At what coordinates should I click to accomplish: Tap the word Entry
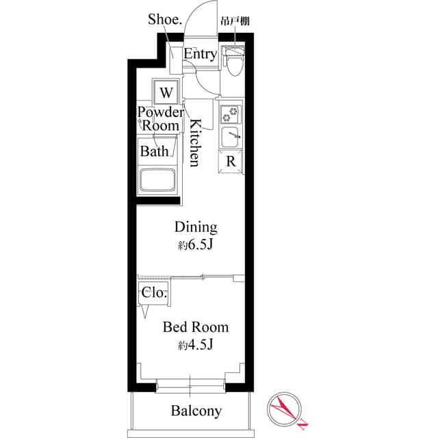[x=200, y=54]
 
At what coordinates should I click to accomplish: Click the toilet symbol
[x=234, y=64]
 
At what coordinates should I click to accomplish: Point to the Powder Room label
[x=161, y=119]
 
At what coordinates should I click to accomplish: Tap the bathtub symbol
[x=158, y=181]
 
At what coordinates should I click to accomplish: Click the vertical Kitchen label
[x=194, y=143]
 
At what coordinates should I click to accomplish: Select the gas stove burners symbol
[x=231, y=114]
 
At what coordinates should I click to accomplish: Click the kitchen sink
[x=231, y=137]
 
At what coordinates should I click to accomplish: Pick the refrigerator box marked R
[x=231, y=162]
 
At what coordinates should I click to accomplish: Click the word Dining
[x=196, y=227]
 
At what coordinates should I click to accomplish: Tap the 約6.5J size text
[x=196, y=244]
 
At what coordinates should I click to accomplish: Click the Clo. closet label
[x=154, y=292]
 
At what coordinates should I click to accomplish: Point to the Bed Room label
[x=196, y=327]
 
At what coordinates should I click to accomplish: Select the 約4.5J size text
[x=196, y=345]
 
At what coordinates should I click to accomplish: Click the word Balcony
[x=196, y=411]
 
